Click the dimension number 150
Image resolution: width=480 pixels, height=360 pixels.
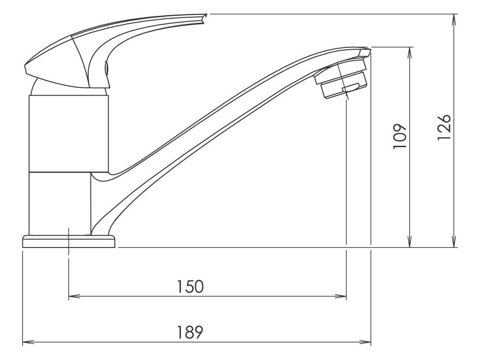(x=191, y=286)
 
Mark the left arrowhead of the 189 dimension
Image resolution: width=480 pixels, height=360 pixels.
(x=28, y=342)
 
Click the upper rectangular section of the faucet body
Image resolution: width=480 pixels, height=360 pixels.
(x=69, y=133)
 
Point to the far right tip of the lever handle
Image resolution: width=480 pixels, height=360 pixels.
(x=205, y=17)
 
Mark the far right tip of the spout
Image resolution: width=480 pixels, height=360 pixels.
(x=369, y=50)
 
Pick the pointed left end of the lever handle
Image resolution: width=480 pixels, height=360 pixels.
(x=25, y=68)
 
